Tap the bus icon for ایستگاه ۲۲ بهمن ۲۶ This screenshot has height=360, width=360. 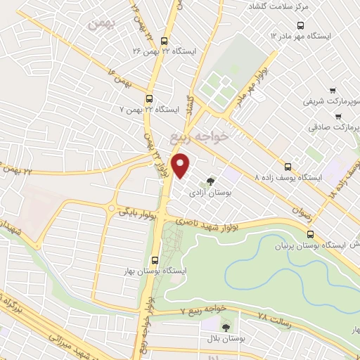coord(164,41)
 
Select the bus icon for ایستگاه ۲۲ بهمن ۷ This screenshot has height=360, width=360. coord(149,99)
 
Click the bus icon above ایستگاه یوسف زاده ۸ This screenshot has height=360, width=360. coord(288,167)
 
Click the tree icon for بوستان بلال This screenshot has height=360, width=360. coord(226,326)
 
